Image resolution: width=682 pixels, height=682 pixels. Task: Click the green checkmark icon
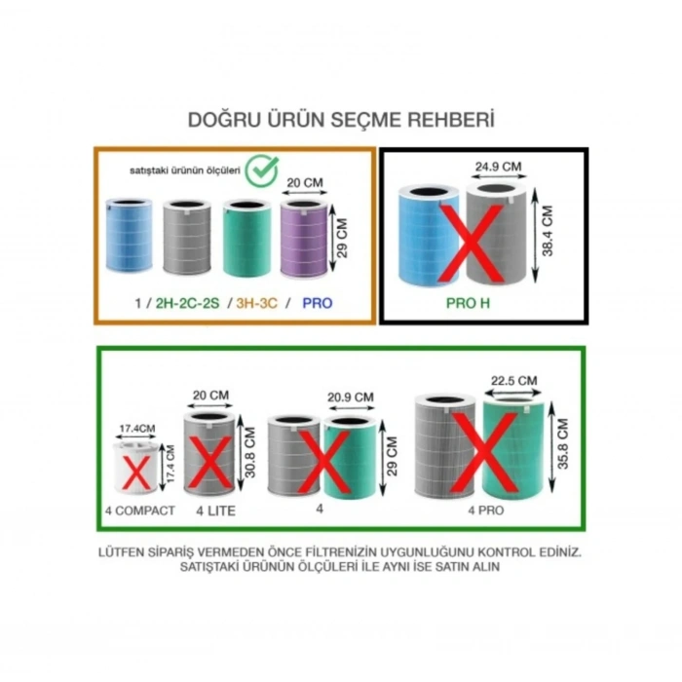click(x=261, y=170)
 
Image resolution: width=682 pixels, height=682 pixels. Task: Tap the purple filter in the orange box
click(x=304, y=239)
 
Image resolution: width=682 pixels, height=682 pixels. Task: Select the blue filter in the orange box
click(x=130, y=236)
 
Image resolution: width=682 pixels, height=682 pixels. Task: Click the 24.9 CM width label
click(x=498, y=167)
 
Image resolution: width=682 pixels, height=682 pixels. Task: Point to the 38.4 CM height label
click(x=548, y=231)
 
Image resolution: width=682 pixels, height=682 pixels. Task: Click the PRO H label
click(x=468, y=303)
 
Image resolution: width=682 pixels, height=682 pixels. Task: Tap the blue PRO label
click(x=318, y=303)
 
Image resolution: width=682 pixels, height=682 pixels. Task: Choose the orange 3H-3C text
click(x=256, y=303)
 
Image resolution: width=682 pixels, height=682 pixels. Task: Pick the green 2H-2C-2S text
click(x=187, y=303)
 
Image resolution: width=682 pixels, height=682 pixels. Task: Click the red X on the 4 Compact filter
click(x=136, y=472)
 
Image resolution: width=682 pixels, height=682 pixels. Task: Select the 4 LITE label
click(x=215, y=511)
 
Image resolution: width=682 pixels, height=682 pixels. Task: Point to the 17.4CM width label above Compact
click(x=137, y=429)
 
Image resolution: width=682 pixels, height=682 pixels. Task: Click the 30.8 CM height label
click(x=250, y=452)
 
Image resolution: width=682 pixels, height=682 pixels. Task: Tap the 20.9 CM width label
click(x=351, y=398)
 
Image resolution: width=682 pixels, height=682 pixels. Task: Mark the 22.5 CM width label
click(x=514, y=381)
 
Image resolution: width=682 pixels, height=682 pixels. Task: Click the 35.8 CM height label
click(x=563, y=443)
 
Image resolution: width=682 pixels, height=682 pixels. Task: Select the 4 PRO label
click(x=486, y=511)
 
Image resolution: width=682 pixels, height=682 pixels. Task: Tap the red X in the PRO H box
click(x=471, y=244)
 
